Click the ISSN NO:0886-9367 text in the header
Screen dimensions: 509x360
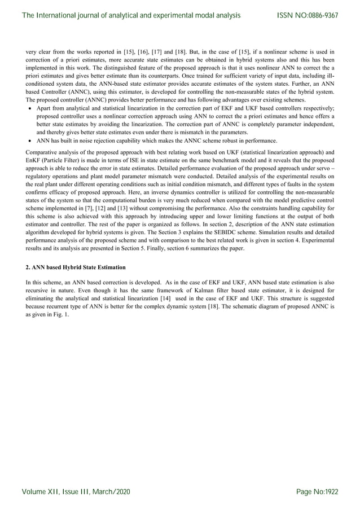308,15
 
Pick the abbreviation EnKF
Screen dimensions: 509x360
34,160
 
